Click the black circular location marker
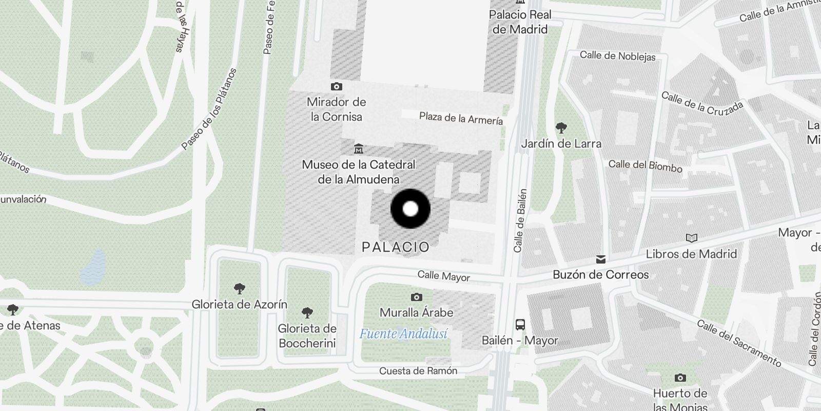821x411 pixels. click(411, 209)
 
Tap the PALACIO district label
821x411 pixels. click(396, 247)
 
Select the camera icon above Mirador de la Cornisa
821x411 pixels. click(337, 86)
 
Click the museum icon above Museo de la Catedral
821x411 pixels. click(359, 149)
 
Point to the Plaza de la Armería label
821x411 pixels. click(461, 119)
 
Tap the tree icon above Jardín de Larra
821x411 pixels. click(561, 127)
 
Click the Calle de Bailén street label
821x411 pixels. click(520, 220)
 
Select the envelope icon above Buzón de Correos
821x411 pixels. click(601, 259)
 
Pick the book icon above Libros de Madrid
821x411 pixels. click(692, 238)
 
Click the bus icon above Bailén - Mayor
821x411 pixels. click(520, 325)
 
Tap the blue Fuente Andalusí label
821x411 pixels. click(403, 334)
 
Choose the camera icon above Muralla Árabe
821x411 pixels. click(417, 297)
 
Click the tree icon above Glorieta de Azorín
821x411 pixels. click(239, 288)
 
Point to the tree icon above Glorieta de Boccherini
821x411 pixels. click(307, 312)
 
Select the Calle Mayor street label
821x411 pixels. click(444, 276)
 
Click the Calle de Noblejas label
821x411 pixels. click(618, 56)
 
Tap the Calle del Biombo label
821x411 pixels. click(646, 165)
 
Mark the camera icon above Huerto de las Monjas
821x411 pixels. click(680, 378)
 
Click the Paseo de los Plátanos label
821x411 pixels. click(209, 109)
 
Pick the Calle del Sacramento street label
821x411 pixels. click(739, 343)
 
